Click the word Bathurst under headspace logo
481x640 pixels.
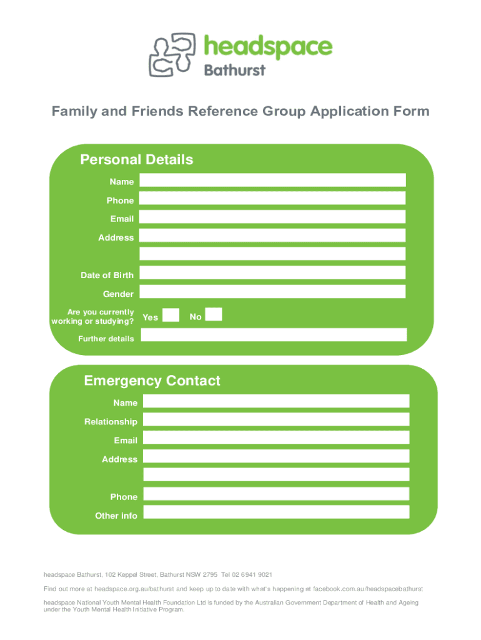tap(235, 69)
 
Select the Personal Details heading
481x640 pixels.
tap(137, 159)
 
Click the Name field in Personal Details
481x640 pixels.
tap(272, 181)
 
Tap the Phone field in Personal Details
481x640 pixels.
tap(272, 199)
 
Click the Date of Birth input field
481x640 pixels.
tap(272, 273)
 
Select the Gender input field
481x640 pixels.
tap(272, 292)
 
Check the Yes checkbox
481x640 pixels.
tap(171, 315)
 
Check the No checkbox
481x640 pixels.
tap(214, 315)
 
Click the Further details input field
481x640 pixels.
tap(274, 335)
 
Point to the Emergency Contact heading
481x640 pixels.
tap(152, 381)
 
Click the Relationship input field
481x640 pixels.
tap(276, 419)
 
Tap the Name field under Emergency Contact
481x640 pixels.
tap(276, 401)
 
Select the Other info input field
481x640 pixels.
tap(276, 512)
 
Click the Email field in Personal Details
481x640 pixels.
tap(272, 217)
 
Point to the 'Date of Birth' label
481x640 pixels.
tap(107, 276)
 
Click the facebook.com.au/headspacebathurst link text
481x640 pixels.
tap(368, 589)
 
